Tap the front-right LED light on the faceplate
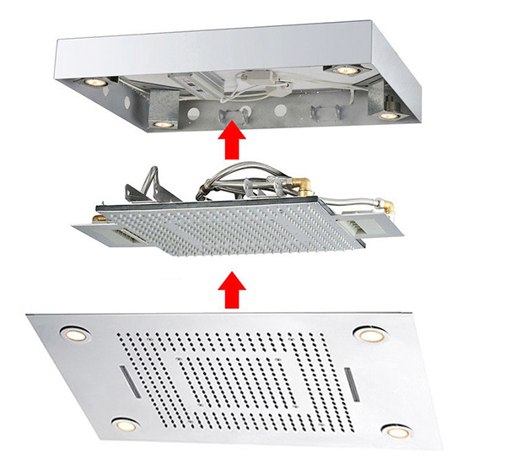[x=393, y=431]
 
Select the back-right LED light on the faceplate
[x=369, y=335]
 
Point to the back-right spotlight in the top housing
[x=343, y=69]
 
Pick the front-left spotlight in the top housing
[x=161, y=123]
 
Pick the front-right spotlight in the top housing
[x=387, y=115]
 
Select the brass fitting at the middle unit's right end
[x=390, y=203]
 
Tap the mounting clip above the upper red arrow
[x=230, y=113]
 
